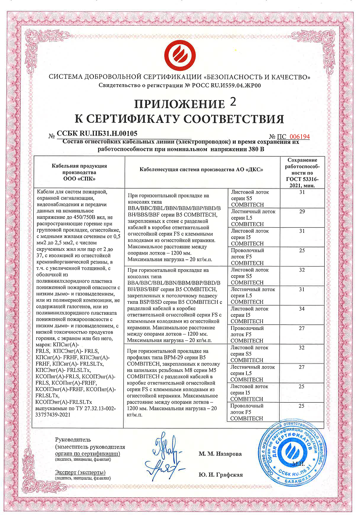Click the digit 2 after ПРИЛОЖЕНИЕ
(235, 102)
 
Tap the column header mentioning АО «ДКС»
(201, 170)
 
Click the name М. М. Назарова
(220, 454)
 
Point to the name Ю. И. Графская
(221, 475)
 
